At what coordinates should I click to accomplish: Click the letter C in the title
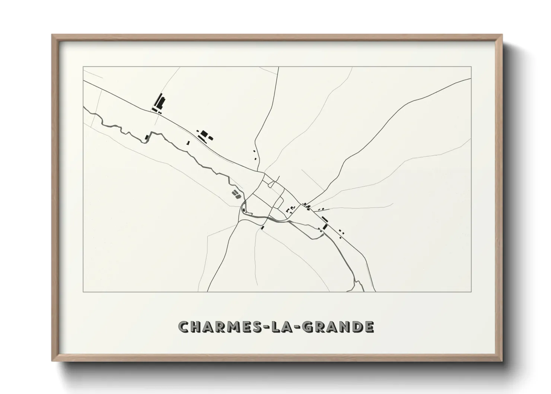185,327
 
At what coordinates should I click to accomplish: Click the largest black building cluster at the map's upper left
159,102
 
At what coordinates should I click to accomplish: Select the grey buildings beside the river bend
236,193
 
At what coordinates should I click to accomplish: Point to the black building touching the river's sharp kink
147,137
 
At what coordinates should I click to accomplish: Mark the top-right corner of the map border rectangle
471,67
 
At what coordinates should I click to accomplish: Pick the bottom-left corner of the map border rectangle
83,292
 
